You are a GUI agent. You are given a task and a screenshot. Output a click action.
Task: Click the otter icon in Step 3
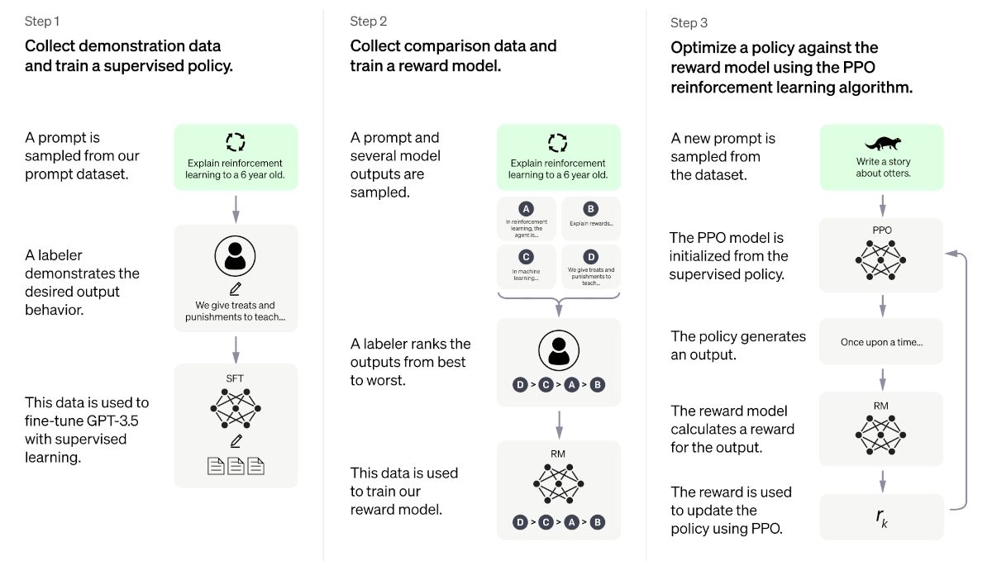click(881, 142)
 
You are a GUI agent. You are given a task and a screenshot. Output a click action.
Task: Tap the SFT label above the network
click(236, 378)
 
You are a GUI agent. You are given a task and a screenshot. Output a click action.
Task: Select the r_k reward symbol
click(881, 516)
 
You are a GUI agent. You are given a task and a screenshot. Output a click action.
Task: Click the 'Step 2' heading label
click(368, 21)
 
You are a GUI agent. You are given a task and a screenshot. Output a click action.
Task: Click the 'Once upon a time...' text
click(881, 342)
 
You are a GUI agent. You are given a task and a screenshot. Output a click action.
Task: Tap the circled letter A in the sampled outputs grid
click(527, 209)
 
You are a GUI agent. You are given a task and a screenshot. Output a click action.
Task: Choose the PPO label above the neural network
click(881, 231)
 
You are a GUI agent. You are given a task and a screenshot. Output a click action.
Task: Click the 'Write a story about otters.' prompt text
click(881, 168)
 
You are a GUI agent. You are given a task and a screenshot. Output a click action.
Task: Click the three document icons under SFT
click(236, 466)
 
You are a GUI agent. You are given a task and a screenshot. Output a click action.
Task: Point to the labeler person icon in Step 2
click(559, 350)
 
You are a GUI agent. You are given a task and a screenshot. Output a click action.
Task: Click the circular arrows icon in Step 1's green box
click(236, 142)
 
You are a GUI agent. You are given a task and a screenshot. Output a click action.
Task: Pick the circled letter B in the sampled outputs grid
click(590, 209)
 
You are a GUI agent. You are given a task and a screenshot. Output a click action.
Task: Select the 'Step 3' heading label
click(689, 22)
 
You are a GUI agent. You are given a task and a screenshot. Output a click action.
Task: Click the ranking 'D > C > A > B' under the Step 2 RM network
click(559, 522)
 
